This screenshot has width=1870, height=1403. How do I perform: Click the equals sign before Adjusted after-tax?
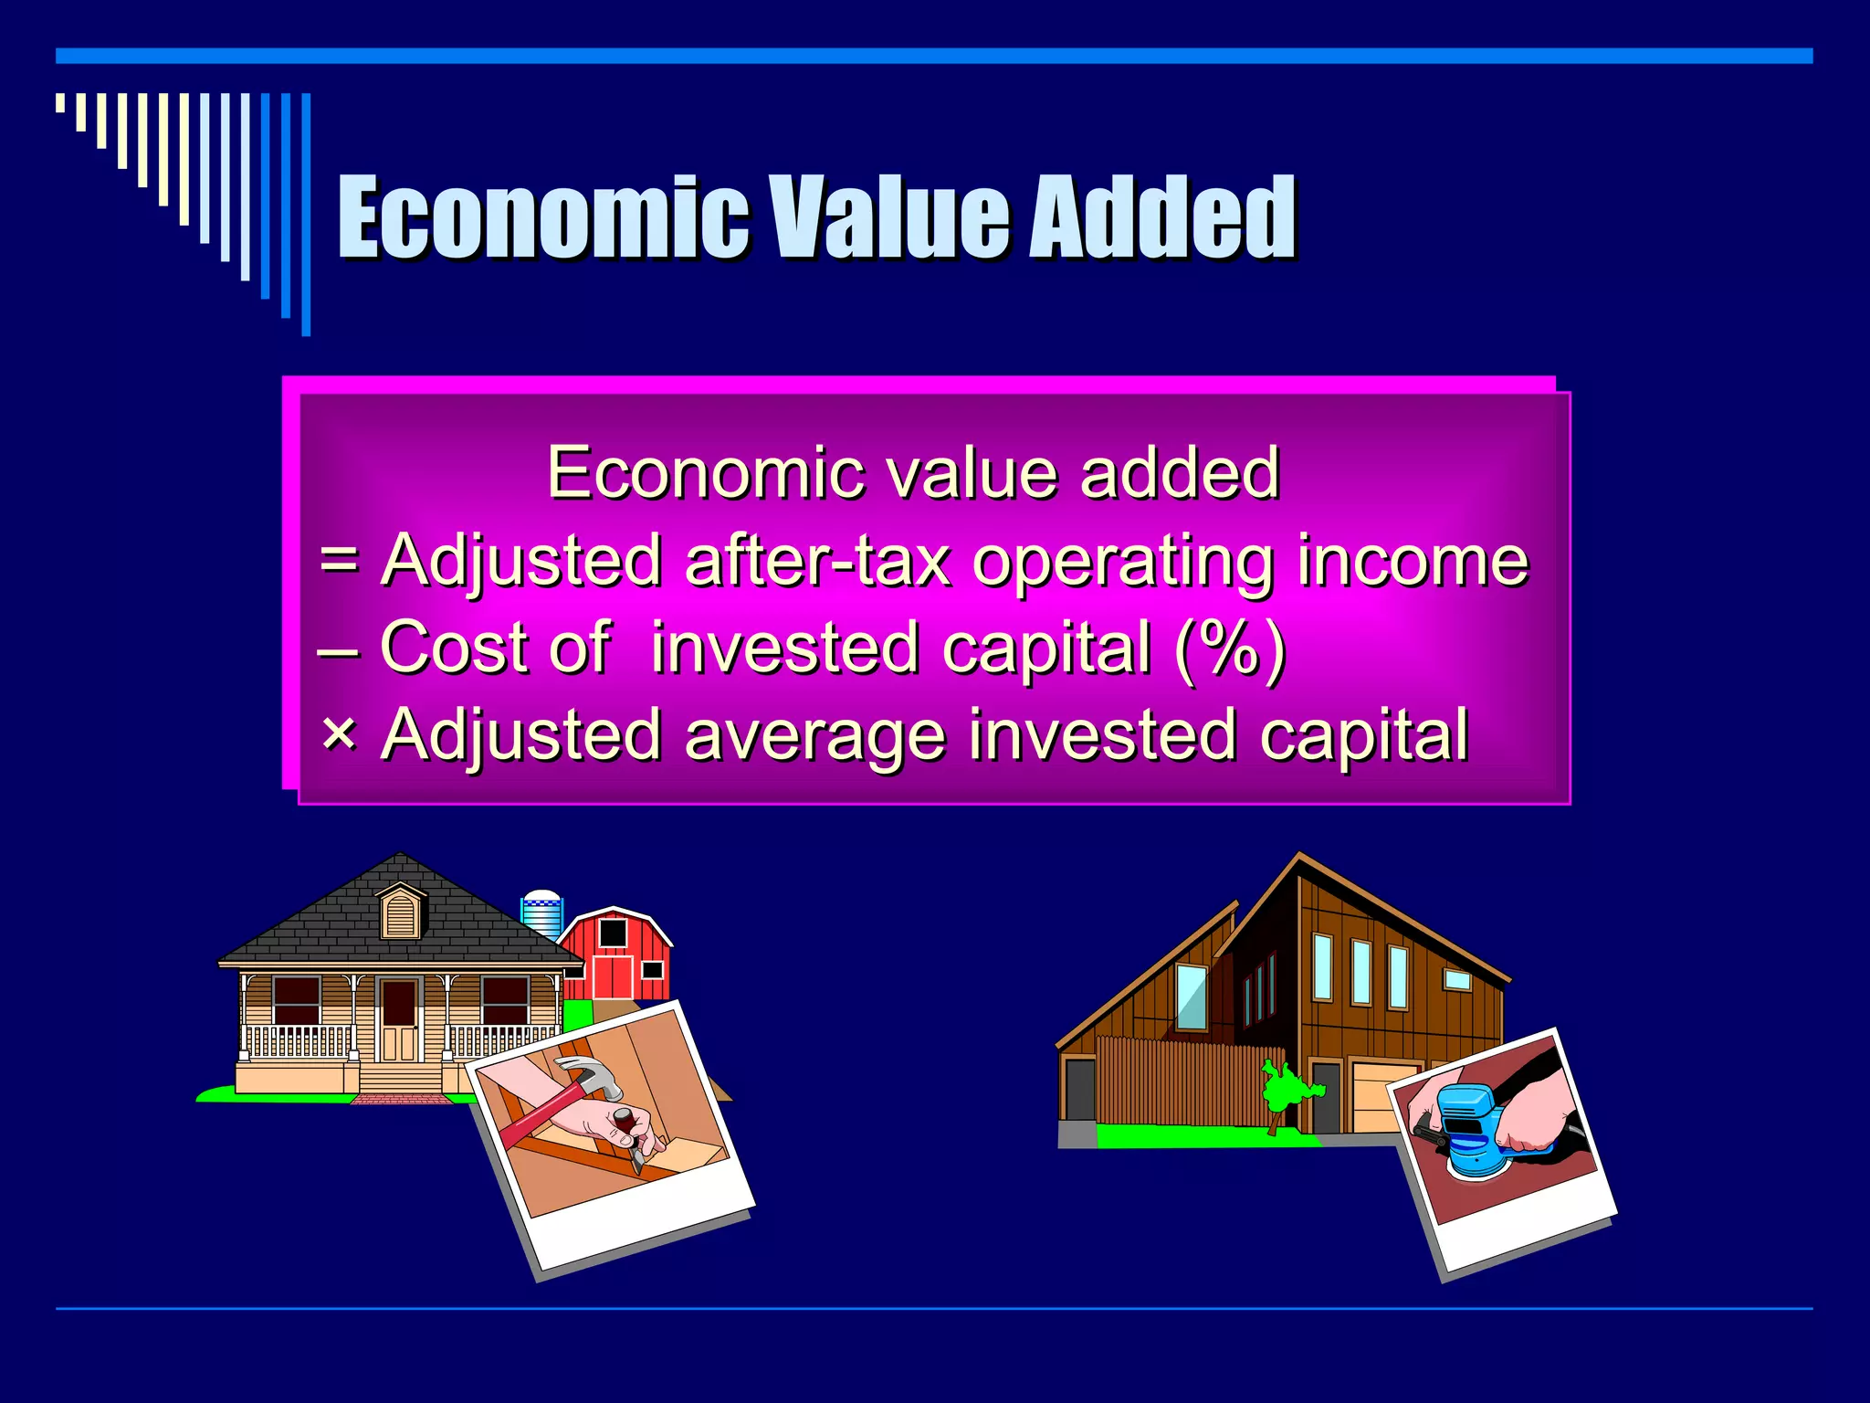[x=340, y=559]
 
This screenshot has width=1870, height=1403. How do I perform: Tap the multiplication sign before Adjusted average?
[x=340, y=733]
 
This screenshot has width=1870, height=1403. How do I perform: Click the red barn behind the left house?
[x=617, y=955]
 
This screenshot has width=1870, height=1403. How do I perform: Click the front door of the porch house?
[x=399, y=1018]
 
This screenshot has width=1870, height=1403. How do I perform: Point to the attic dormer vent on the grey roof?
[x=400, y=912]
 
